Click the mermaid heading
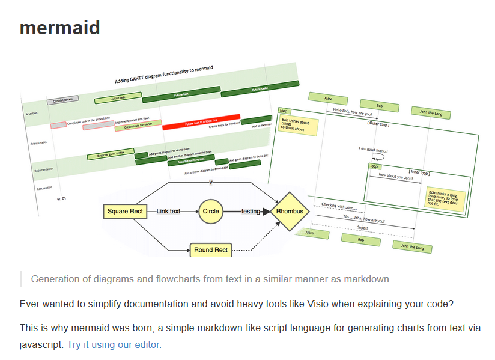click(59, 28)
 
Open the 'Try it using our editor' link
click(114, 344)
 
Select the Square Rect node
click(125, 212)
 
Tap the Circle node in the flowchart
click(211, 212)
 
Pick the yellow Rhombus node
click(290, 212)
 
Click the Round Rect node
click(211, 250)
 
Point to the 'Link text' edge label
click(169, 212)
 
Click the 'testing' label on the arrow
click(251, 212)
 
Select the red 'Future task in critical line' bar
click(201, 123)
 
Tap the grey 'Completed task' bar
click(62, 100)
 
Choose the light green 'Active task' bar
click(118, 97)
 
